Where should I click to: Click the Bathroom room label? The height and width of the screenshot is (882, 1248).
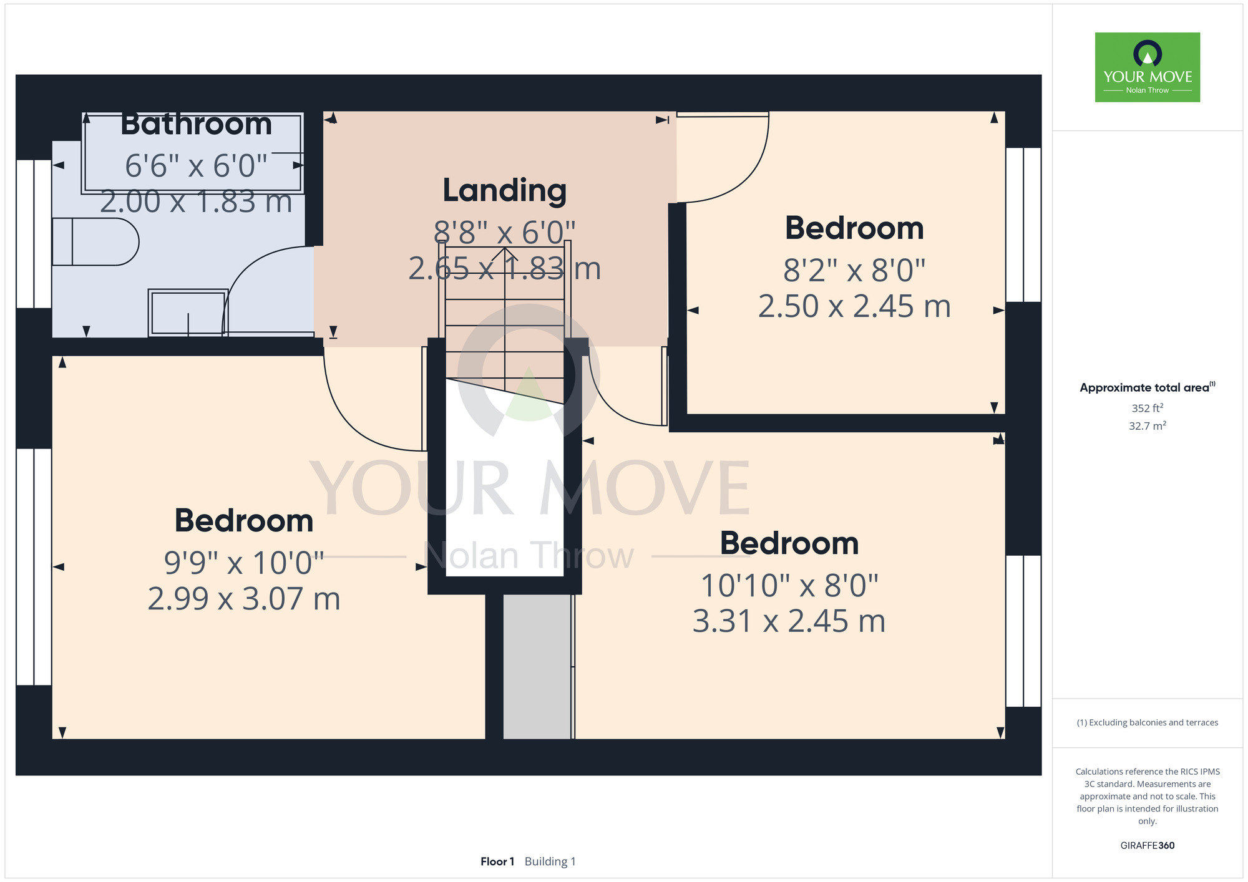coord(196,124)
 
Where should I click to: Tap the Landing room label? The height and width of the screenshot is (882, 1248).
coord(505,191)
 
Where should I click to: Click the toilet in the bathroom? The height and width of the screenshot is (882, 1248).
coord(95,242)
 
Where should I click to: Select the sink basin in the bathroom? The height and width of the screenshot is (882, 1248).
coord(188,313)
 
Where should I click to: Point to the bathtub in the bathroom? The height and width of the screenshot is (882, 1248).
coord(193,153)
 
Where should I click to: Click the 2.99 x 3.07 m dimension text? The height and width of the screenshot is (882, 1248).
coord(244,599)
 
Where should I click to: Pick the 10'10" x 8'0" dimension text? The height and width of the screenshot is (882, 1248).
coord(789,586)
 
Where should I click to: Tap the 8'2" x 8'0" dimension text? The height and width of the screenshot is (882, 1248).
coord(854,271)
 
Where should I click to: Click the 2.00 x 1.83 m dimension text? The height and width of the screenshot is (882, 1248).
coord(196,202)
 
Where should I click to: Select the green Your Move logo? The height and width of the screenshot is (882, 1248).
coord(1148,67)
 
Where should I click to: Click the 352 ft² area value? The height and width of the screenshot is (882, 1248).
coord(1148,408)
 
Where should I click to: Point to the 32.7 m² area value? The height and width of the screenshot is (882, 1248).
coord(1148,426)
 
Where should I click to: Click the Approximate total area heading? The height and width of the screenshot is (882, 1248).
coord(1148,387)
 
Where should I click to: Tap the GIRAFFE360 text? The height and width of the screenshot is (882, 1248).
coord(1148,846)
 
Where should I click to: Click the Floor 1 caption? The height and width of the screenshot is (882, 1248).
coord(497,861)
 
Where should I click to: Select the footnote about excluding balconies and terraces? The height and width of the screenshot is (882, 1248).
coord(1148,722)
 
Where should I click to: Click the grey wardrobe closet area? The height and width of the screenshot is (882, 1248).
coord(537,666)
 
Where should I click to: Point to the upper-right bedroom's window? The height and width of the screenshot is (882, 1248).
coord(1023,225)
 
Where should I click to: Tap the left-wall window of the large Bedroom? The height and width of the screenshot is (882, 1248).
coord(34,567)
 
